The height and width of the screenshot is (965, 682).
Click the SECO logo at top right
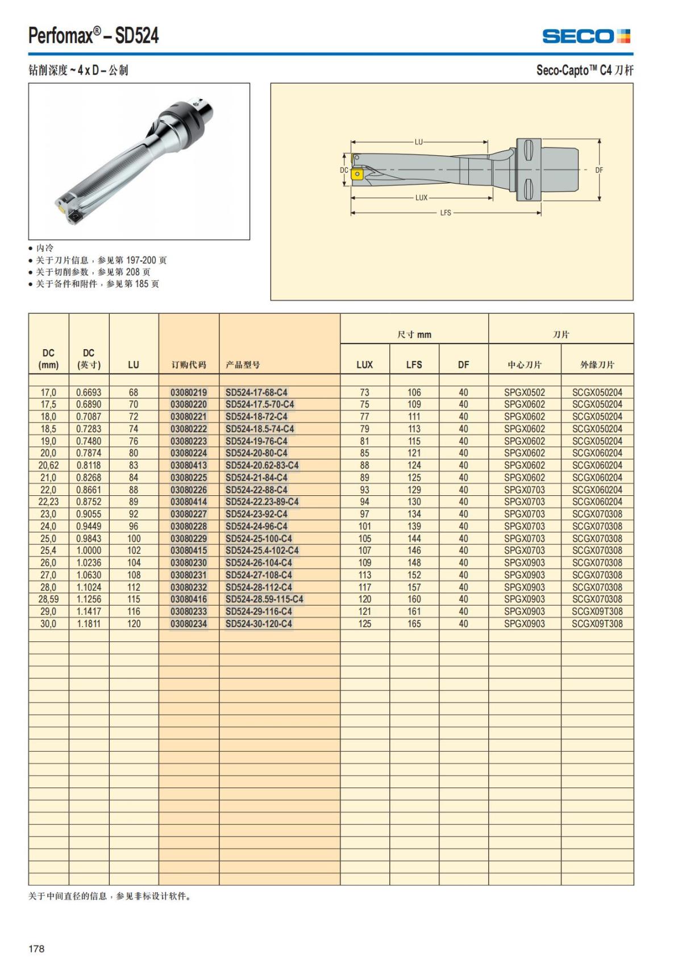[x=586, y=36]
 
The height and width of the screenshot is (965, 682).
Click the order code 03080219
[x=189, y=392]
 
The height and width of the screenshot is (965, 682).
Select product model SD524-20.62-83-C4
[x=261, y=465]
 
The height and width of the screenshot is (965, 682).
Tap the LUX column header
[x=364, y=365]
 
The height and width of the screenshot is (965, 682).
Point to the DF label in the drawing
[x=599, y=170]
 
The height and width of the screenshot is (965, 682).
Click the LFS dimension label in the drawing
[x=446, y=213]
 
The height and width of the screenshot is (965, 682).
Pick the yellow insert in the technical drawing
[x=357, y=173]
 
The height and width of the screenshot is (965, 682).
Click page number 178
[x=36, y=949]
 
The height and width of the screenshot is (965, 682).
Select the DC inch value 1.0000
[x=89, y=550]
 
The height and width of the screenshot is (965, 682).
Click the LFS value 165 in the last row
[x=414, y=624]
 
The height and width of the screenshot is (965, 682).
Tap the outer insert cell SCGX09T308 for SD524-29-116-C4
[x=597, y=611]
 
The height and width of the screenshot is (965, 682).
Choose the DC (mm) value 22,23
[x=48, y=502]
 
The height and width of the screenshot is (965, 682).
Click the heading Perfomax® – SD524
[x=94, y=36]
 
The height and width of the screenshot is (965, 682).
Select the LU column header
[x=133, y=365]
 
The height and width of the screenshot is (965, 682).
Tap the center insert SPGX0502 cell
[x=524, y=392]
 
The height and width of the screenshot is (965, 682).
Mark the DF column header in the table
[x=463, y=365]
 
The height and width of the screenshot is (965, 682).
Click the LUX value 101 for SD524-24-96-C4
[x=364, y=526]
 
